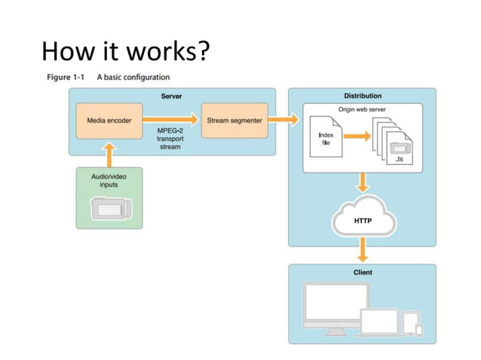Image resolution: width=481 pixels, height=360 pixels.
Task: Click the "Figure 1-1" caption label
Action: click(x=66, y=78)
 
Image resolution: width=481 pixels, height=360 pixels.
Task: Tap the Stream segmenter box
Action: click(x=234, y=121)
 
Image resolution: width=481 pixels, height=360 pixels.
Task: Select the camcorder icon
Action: click(x=111, y=208)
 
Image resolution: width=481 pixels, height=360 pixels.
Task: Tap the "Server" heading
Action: click(x=171, y=96)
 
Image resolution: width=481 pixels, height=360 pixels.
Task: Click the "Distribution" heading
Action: click(x=363, y=96)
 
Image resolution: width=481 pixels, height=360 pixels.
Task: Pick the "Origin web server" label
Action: click(x=363, y=109)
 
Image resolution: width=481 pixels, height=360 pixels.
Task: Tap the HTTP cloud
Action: click(x=363, y=221)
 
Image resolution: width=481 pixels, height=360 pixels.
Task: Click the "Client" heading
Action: click(x=363, y=272)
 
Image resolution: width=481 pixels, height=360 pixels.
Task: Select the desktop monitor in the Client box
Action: click(x=330, y=304)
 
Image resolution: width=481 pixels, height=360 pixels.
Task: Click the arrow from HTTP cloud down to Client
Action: click(x=363, y=251)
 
